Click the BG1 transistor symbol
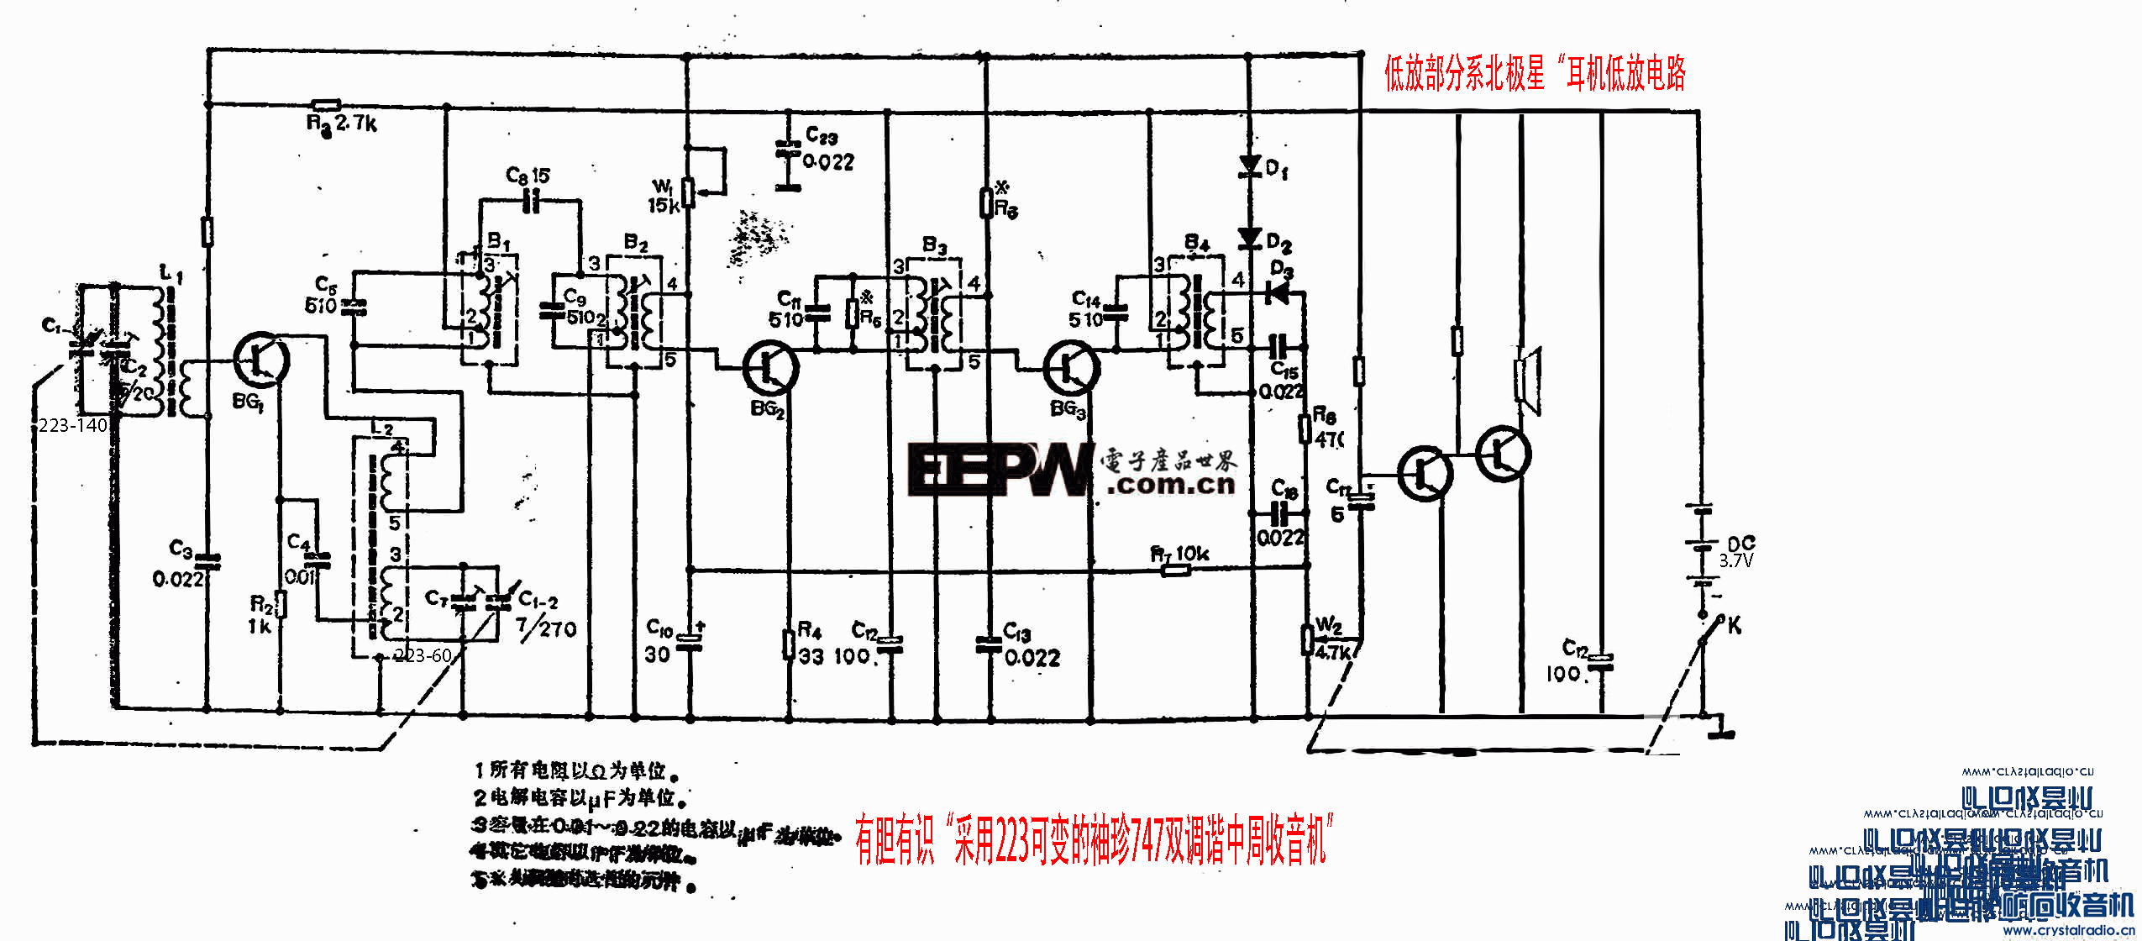261,360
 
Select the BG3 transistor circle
1071,368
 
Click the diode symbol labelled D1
1250,166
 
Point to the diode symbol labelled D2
1250,239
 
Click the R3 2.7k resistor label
342,124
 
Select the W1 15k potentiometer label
664,196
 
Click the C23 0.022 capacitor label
828,149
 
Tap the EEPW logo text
1000,470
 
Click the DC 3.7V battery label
1738,552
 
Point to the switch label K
1734,625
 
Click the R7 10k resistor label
1179,554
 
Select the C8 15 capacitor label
528,176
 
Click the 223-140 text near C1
73,425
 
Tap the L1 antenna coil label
171,273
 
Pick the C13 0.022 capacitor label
1031,645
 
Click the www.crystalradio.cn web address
2068,930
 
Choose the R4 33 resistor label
810,643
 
